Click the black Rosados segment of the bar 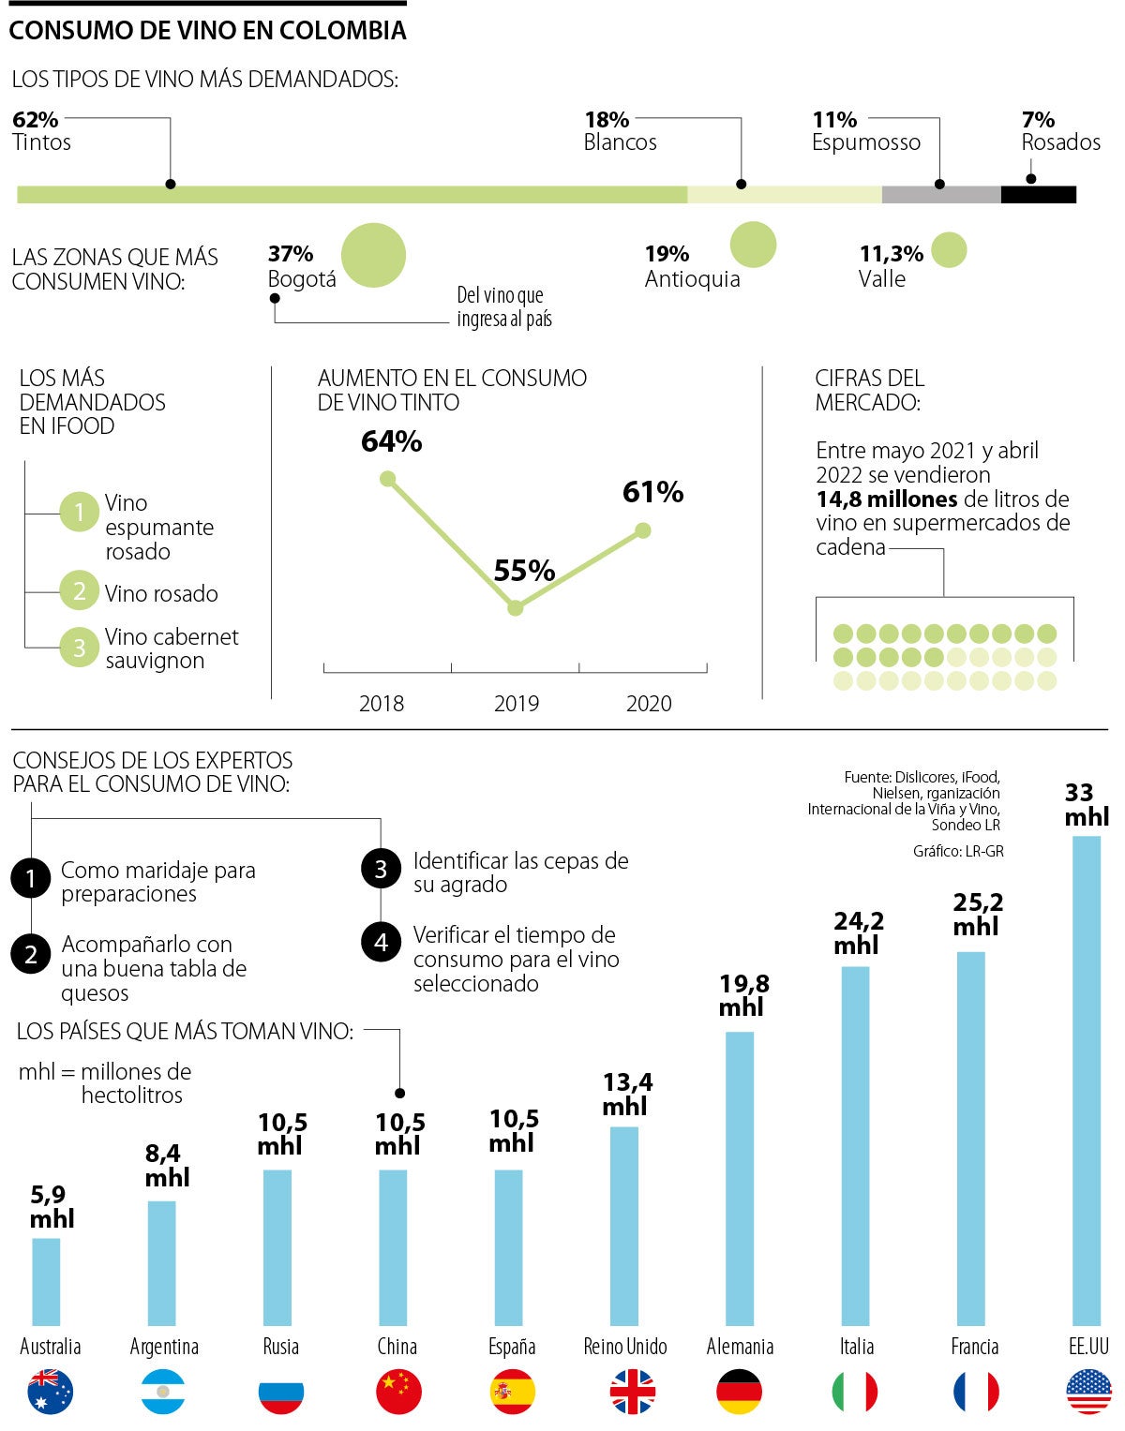point(1038,195)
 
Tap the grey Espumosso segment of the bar point(941,195)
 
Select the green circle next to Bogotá point(373,255)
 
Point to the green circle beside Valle point(949,250)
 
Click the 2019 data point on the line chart point(515,608)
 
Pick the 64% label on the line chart point(392,441)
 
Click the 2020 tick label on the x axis point(649,704)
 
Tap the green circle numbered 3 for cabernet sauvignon point(80,648)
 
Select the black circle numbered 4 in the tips point(381,942)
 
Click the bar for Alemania point(740,1178)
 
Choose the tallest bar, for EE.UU point(1086,1080)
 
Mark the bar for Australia point(46,1281)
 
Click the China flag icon point(398,1392)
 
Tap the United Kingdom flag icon point(633,1392)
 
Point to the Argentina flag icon point(164,1392)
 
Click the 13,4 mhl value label point(627,1095)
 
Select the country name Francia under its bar point(975,1347)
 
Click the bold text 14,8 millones point(887,499)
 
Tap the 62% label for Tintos point(36,120)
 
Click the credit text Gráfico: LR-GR point(958,851)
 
